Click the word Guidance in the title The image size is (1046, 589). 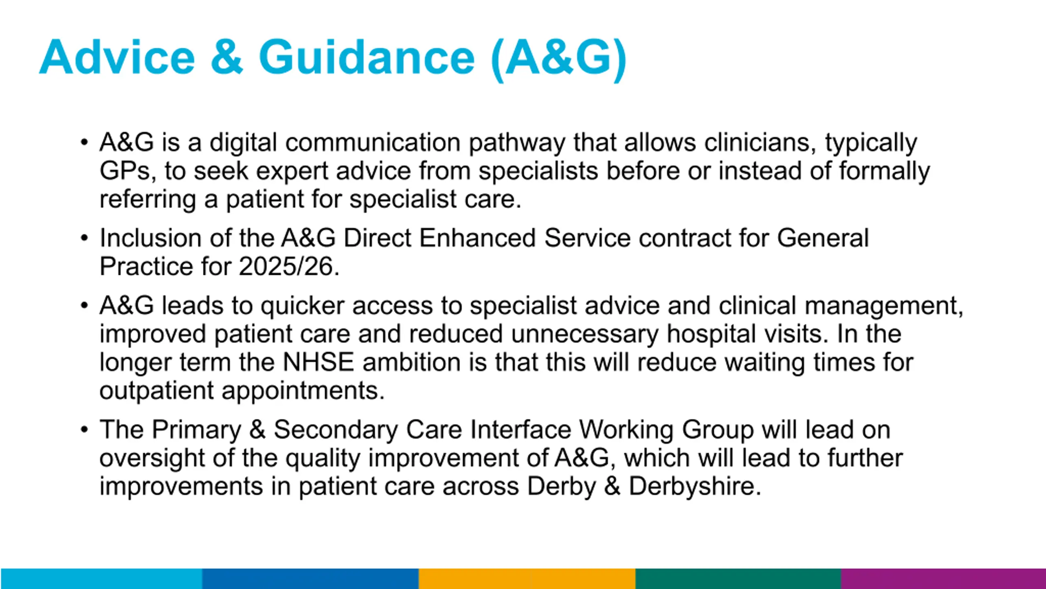367,57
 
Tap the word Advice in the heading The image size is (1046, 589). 117,57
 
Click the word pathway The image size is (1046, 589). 516,143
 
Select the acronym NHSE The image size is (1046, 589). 318,362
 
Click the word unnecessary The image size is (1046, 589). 585,334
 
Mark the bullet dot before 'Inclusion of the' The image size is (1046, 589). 84,238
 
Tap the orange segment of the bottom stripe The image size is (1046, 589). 527,578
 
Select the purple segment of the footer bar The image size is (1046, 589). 943,578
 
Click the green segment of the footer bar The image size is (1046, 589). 738,578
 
